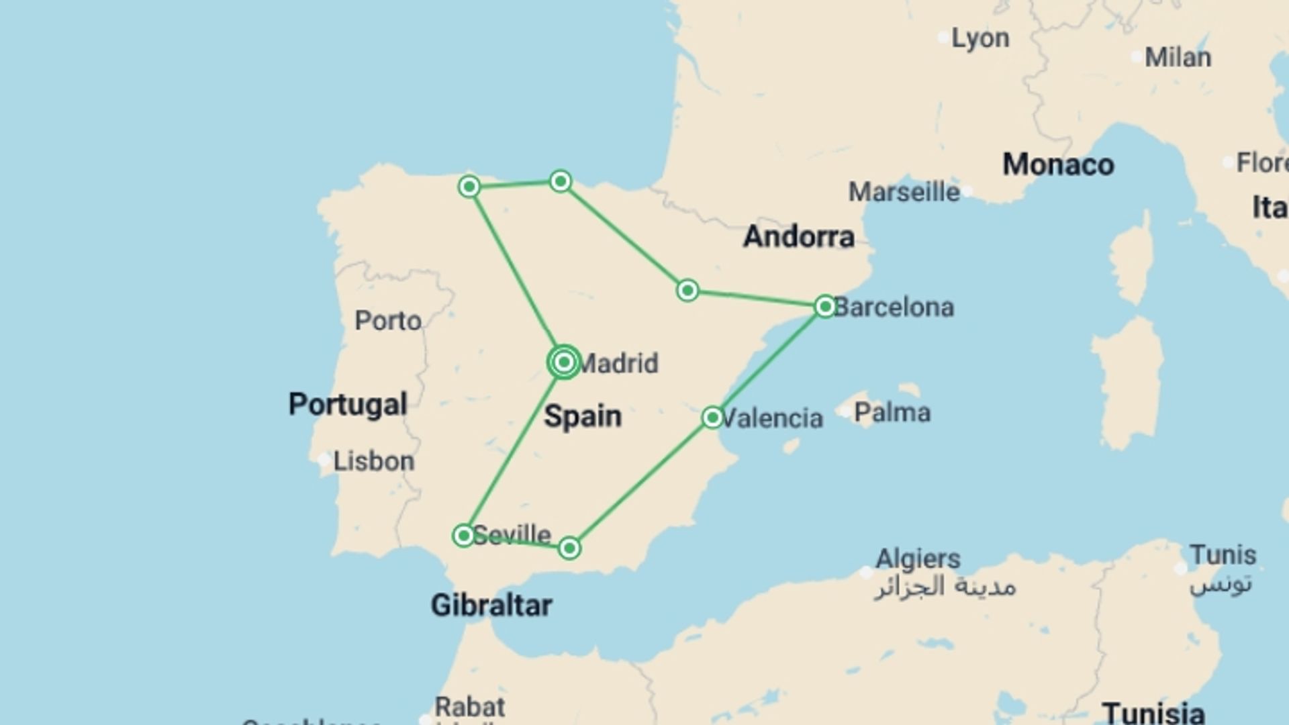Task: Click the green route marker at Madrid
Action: pyautogui.click(x=564, y=362)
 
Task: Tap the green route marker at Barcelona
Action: pyautogui.click(x=825, y=307)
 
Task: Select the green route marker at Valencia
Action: pyautogui.click(x=712, y=418)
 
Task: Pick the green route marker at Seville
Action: pyautogui.click(x=463, y=536)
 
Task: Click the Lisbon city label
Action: pyautogui.click(x=373, y=461)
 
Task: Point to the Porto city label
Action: pyautogui.click(x=388, y=321)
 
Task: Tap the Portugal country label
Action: pyautogui.click(x=348, y=404)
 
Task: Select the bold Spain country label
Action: pyautogui.click(x=583, y=416)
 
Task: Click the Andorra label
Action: pyautogui.click(x=799, y=236)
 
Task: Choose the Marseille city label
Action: pyautogui.click(x=904, y=192)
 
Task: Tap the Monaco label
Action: pyautogui.click(x=1058, y=164)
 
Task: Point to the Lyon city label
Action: pyautogui.click(x=980, y=38)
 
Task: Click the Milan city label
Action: pyautogui.click(x=1178, y=58)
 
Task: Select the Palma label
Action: pyautogui.click(x=892, y=412)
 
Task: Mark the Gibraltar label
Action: pyautogui.click(x=491, y=606)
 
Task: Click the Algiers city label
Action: pyautogui.click(x=918, y=559)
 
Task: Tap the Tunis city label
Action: pyautogui.click(x=1223, y=555)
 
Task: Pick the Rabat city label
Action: pyautogui.click(x=470, y=707)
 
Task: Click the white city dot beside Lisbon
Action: pyautogui.click(x=324, y=460)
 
